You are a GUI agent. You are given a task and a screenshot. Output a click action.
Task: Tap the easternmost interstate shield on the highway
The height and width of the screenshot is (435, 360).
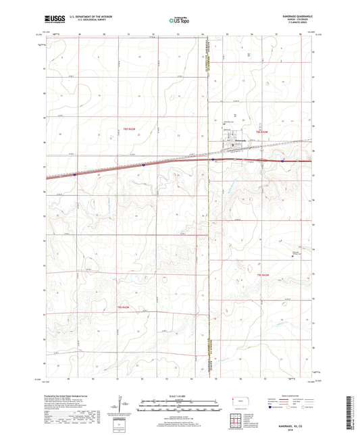point(281,161)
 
